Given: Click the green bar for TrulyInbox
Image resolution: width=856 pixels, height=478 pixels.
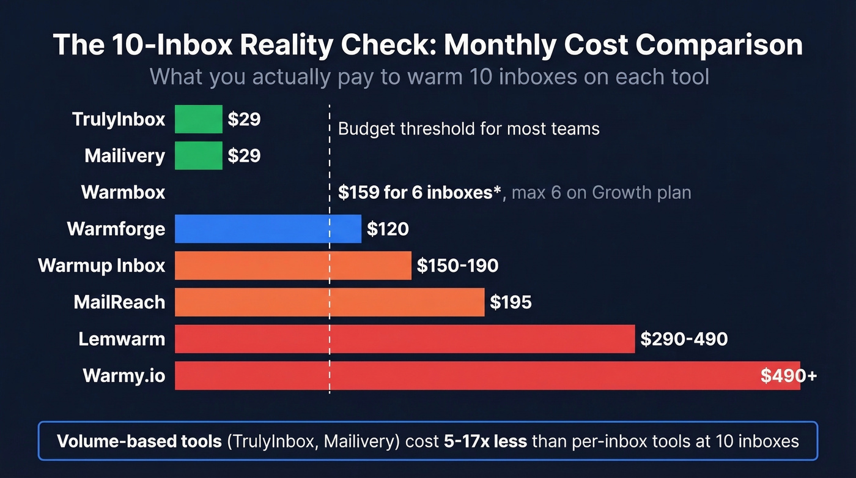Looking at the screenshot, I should pyautogui.click(x=198, y=119).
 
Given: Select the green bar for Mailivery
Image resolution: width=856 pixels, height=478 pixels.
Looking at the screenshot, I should pyautogui.click(x=198, y=155).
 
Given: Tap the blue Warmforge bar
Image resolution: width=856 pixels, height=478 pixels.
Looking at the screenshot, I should pyautogui.click(x=268, y=229).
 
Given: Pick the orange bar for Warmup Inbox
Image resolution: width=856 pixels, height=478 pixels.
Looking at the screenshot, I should pyautogui.click(x=293, y=266).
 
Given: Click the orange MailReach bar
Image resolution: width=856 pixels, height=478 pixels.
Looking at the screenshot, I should pyautogui.click(x=330, y=302).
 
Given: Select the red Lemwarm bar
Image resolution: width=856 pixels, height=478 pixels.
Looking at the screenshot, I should pyautogui.click(x=405, y=339).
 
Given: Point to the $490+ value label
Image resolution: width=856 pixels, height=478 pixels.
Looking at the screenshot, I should pyautogui.click(x=788, y=376).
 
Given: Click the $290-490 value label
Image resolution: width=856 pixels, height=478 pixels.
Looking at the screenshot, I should pyautogui.click(x=684, y=339).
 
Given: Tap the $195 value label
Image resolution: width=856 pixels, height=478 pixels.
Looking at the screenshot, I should pyautogui.click(x=511, y=302).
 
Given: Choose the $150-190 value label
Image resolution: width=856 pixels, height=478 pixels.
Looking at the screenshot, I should pyautogui.click(x=457, y=266).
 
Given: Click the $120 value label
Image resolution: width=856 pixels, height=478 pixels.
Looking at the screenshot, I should pyautogui.click(x=388, y=229).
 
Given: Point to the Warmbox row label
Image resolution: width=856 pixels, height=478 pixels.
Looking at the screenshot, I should pyautogui.click(x=123, y=192).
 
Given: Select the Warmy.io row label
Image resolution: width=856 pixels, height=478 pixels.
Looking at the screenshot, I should pyautogui.click(x=124, y=376).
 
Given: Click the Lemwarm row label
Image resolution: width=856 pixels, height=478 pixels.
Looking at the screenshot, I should pyautogui.click(x=122, y=339).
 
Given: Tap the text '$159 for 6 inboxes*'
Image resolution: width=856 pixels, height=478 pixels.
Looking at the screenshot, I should pyautogui.click(x=420, y=192).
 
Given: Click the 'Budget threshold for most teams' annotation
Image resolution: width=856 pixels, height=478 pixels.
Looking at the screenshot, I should pyautogui.click(x=468, y=129).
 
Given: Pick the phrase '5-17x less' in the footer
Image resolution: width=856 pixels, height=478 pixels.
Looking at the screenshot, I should pyautogui.click(x=485, y=441).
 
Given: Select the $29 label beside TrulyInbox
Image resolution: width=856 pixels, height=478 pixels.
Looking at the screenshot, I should pyautogui.click(x=244, y=119).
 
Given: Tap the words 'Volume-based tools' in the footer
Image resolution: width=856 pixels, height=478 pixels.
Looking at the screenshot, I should pyautogui.click(x=139, y=441).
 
